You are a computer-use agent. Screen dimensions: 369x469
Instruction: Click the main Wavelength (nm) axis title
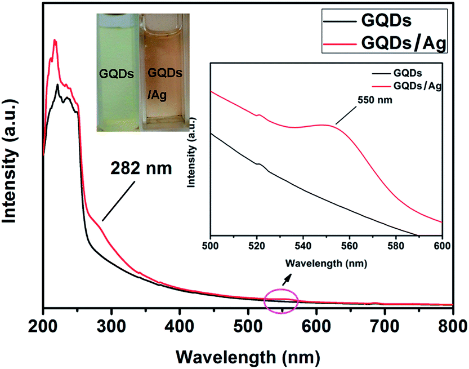(x=248, y=354)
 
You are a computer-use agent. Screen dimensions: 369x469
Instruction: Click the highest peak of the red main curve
(x=55, y=41)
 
